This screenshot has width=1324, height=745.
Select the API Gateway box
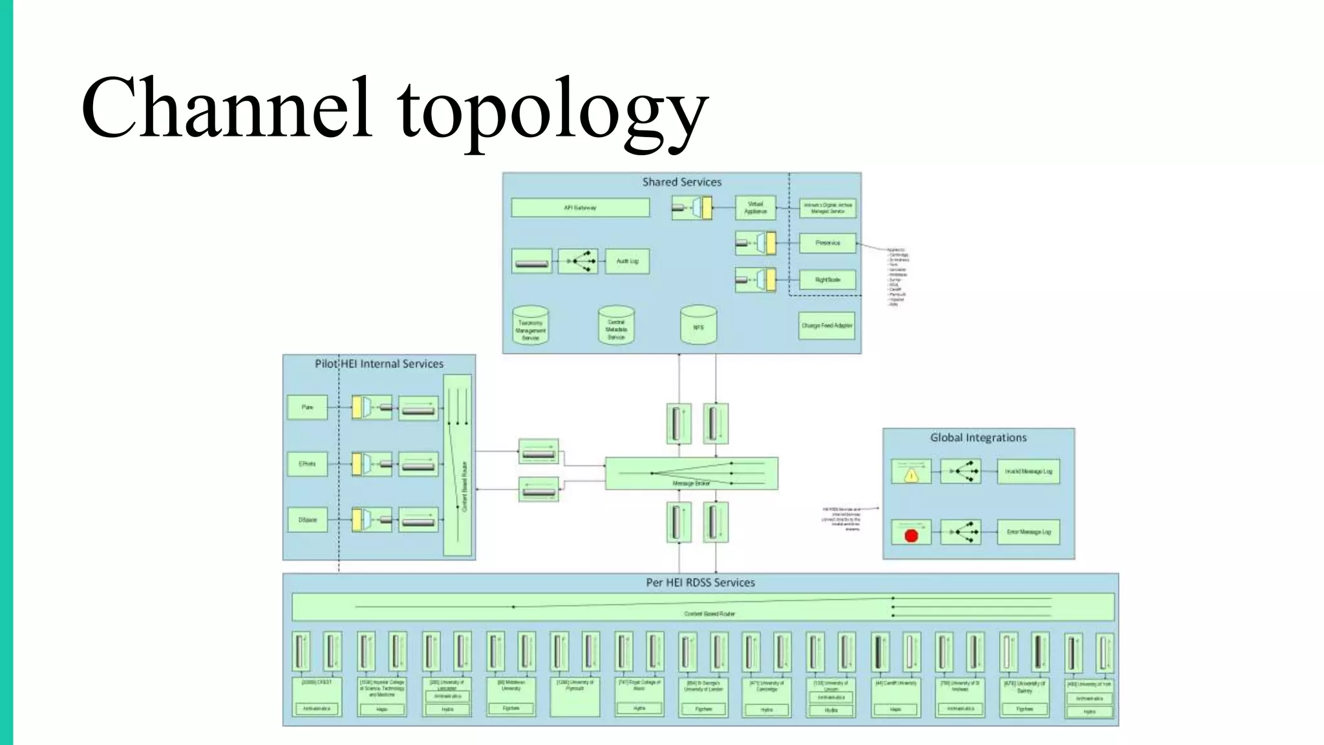(580, 208)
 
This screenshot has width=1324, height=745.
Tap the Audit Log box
(627, 261)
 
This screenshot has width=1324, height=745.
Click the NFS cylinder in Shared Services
(698, 326)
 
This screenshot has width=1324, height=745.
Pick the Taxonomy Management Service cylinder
(530, 327)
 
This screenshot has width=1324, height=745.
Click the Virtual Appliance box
(755, 208)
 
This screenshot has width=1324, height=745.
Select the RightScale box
(827, 280)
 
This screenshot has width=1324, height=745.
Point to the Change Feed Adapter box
(827, 326)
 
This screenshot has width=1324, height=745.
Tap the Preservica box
(827, 243)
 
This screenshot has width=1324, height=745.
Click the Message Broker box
(691, 473)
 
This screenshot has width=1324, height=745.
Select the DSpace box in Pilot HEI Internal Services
(307, 520)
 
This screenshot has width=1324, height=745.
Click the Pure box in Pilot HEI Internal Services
(307, 407)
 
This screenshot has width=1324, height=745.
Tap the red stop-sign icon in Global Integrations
(912, 535)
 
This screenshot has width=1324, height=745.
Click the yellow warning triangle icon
(912, 475)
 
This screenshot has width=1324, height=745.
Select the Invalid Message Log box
(1028, 471)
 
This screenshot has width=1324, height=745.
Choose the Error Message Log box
(1028, 532)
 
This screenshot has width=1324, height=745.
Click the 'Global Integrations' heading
(978, 438)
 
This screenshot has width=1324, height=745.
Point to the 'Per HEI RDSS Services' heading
(700, 583)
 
